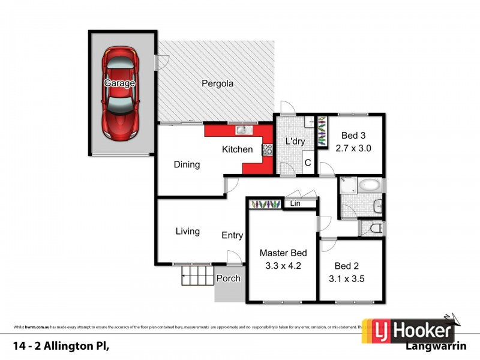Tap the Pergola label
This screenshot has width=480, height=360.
(217, 84)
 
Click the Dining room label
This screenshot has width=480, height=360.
(187, 164)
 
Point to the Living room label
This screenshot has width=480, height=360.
(188, 231)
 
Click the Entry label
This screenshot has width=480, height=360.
(232, 235)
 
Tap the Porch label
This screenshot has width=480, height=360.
(229, 278)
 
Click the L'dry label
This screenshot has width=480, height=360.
(295, 142)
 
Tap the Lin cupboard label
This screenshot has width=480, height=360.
(295, 204)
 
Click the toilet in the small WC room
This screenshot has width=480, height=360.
(374, 229)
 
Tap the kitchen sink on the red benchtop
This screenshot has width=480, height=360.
(241, 129)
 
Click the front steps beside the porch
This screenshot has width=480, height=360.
(198, 277)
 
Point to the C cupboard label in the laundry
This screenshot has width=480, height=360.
(307, 163)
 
